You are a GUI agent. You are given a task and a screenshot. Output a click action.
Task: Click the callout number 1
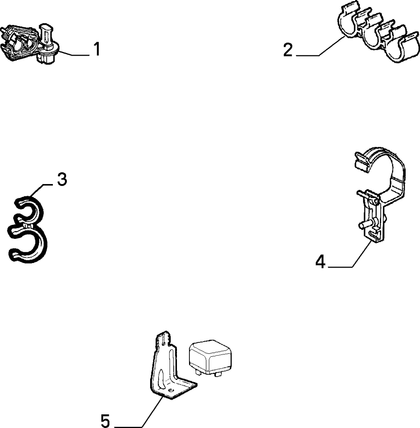click(96, 49)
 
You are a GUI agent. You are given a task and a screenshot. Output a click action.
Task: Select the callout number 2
click(288, 50)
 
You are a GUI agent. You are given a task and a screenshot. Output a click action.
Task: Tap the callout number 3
click(62, 180)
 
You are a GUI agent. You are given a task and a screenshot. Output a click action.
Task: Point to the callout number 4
click(320, 262)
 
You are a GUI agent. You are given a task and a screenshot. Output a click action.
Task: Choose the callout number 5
click(105, 421)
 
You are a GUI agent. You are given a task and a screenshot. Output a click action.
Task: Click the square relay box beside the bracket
click(210, 357)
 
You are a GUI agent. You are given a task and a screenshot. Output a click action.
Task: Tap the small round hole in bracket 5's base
click(171, 390)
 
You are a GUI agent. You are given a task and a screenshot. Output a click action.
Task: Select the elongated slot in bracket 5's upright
click(161, 379)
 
